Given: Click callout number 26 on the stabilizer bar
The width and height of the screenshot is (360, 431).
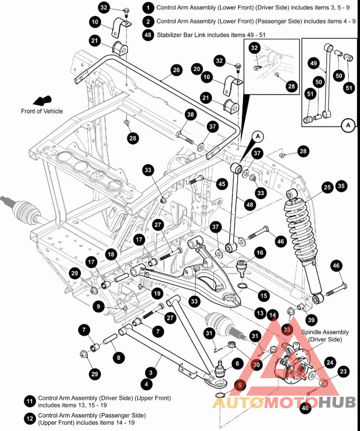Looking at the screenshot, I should click(x=176, y=70).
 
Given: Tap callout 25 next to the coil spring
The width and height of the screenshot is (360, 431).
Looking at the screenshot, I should click(x=327, y=187).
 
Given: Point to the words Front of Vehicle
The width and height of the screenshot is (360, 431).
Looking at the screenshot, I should click(x=42, y=111).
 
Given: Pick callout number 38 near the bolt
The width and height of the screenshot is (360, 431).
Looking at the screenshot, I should click(x=190, y=115).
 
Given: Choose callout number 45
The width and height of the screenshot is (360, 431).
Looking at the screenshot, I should click(x=221, y=184).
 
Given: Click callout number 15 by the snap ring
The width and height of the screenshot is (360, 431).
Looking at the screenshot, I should click(x=263, y=295).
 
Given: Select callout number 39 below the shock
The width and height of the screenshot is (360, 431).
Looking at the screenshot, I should click(x=311, y=320).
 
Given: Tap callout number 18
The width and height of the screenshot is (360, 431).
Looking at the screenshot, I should click(x=111, y=254).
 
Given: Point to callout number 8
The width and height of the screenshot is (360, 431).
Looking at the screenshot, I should click(x=118, y=358).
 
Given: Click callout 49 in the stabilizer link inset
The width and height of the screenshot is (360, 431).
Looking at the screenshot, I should click(x=314, y=63).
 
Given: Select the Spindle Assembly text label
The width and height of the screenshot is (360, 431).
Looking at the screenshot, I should click(x=319, y=336).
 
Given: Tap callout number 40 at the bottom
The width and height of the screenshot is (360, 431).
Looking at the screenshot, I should click(x=306, y=408).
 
